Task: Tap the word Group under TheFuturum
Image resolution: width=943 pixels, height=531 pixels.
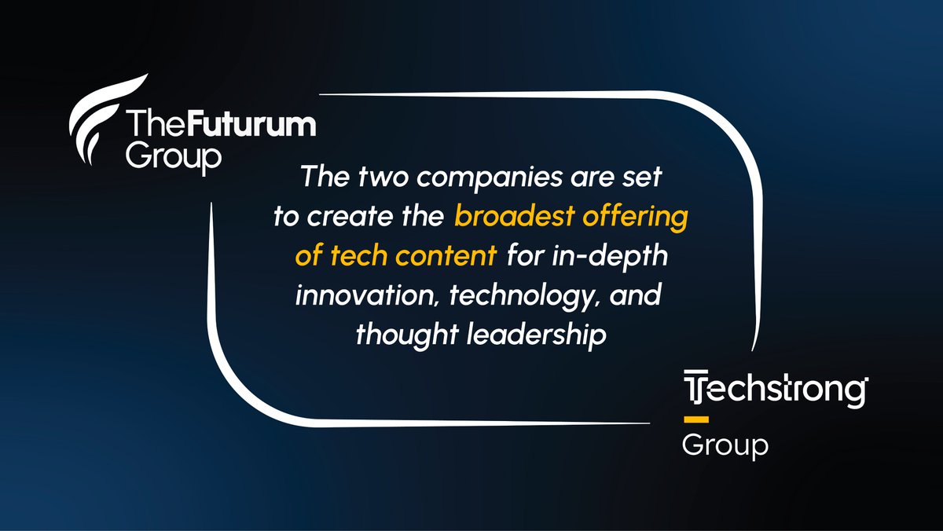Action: pyautogui.click(x=174, y=156)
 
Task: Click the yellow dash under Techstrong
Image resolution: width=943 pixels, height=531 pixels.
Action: pyautogui.click(x=696, y=417)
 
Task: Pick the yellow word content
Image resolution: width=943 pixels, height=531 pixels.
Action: pyautogui.click(x=449, y=257)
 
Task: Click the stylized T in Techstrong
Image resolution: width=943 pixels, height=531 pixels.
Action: pyautogui.click(x=694, y=391)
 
